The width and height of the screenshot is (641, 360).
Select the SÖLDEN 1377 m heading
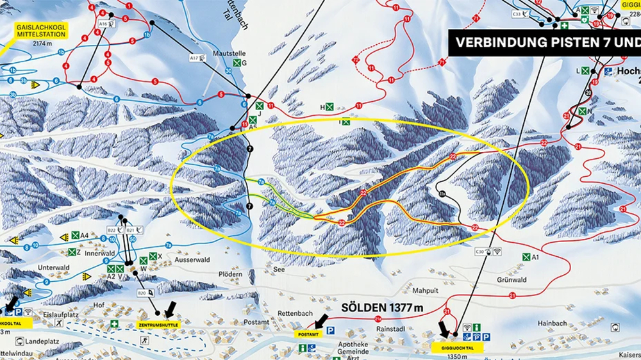point(383,308)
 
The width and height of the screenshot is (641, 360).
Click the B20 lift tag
point(142,293)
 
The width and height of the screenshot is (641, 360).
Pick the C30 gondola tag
point(480,252)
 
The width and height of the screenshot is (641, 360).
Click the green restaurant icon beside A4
point(75,236)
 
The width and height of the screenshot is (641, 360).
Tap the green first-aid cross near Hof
point(114,323)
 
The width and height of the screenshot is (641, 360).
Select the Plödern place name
point(229,274)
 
